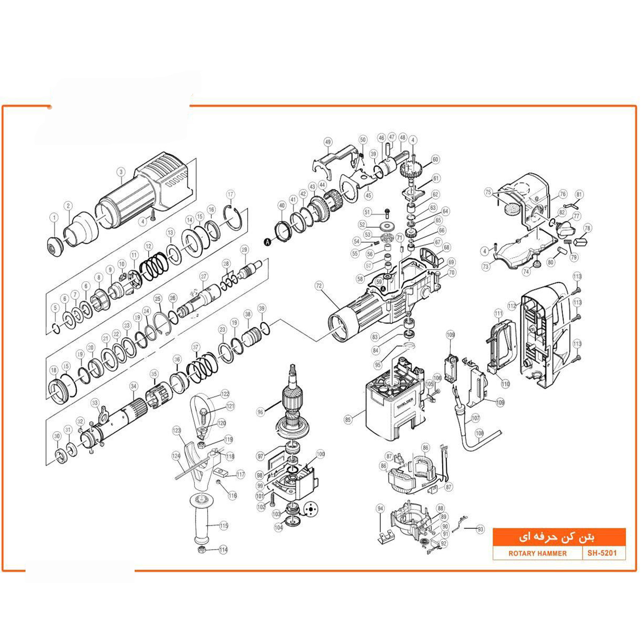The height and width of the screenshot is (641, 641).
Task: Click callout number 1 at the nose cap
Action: pos(54,218)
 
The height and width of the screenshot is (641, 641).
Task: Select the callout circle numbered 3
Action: pos(121,172)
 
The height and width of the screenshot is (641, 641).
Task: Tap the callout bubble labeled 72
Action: pos(319,286)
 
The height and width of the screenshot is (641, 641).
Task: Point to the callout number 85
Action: pos(348,420)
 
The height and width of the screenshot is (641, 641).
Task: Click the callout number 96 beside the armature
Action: pos(261,412)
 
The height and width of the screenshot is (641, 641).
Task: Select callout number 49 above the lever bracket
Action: pos(328,142)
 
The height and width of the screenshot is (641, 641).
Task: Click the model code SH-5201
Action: pos(602,553)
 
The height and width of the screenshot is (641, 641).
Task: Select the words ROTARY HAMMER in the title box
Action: pos(537,554)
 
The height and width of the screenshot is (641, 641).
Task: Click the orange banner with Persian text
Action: pos(559,537)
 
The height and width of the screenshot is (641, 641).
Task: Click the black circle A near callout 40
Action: pos(267,242)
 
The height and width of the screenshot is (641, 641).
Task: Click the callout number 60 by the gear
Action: pos(435,160)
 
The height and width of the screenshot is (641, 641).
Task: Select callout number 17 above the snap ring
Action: pos(230,195)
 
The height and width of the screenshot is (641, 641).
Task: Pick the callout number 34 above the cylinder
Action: pos(133,386)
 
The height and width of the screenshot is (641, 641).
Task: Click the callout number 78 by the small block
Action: pos(587,228)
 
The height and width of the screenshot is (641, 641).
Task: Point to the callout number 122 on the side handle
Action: pos(225,394)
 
